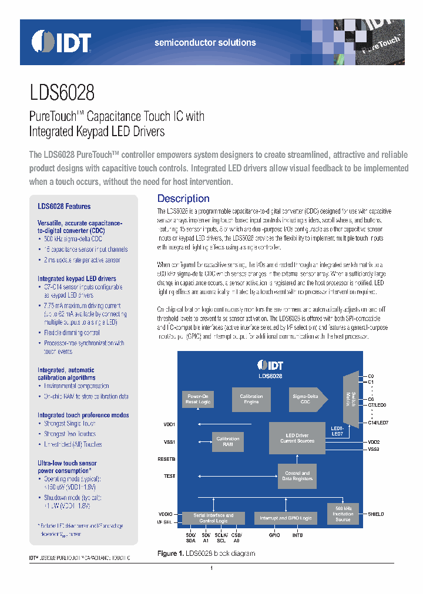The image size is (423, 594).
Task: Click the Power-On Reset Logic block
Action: pos(197,400)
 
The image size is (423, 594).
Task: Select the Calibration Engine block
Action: pos(251,400)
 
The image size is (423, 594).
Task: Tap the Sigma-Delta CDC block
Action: pos(305,400)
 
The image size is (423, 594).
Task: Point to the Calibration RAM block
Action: pos(227,441)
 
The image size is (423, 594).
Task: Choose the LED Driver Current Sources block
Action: pos(297,438)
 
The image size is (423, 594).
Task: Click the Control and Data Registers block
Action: pos(297,475)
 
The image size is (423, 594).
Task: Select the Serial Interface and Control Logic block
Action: pos(213,518)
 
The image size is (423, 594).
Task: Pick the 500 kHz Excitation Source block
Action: pos(343,514)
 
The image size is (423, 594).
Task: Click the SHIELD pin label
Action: pos(375,514)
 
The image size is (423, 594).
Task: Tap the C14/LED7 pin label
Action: pos(378,423)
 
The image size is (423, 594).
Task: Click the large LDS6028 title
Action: pos(62,93)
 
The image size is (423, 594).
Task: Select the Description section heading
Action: pos(183,198)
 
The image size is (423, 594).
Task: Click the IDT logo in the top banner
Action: pos(62,42)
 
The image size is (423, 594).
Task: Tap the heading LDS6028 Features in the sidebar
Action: pos(64,207)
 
